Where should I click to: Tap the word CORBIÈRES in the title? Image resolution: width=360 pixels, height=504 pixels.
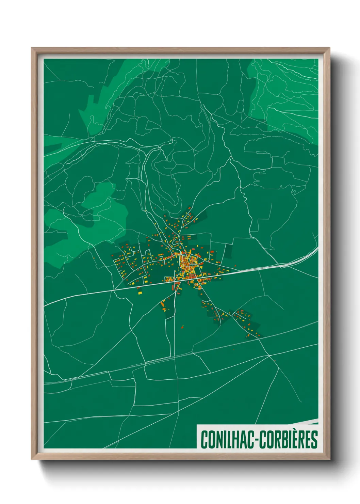289,439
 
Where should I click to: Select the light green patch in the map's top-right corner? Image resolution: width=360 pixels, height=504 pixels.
286,95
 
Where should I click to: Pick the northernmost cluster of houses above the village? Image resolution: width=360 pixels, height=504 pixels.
185,218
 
